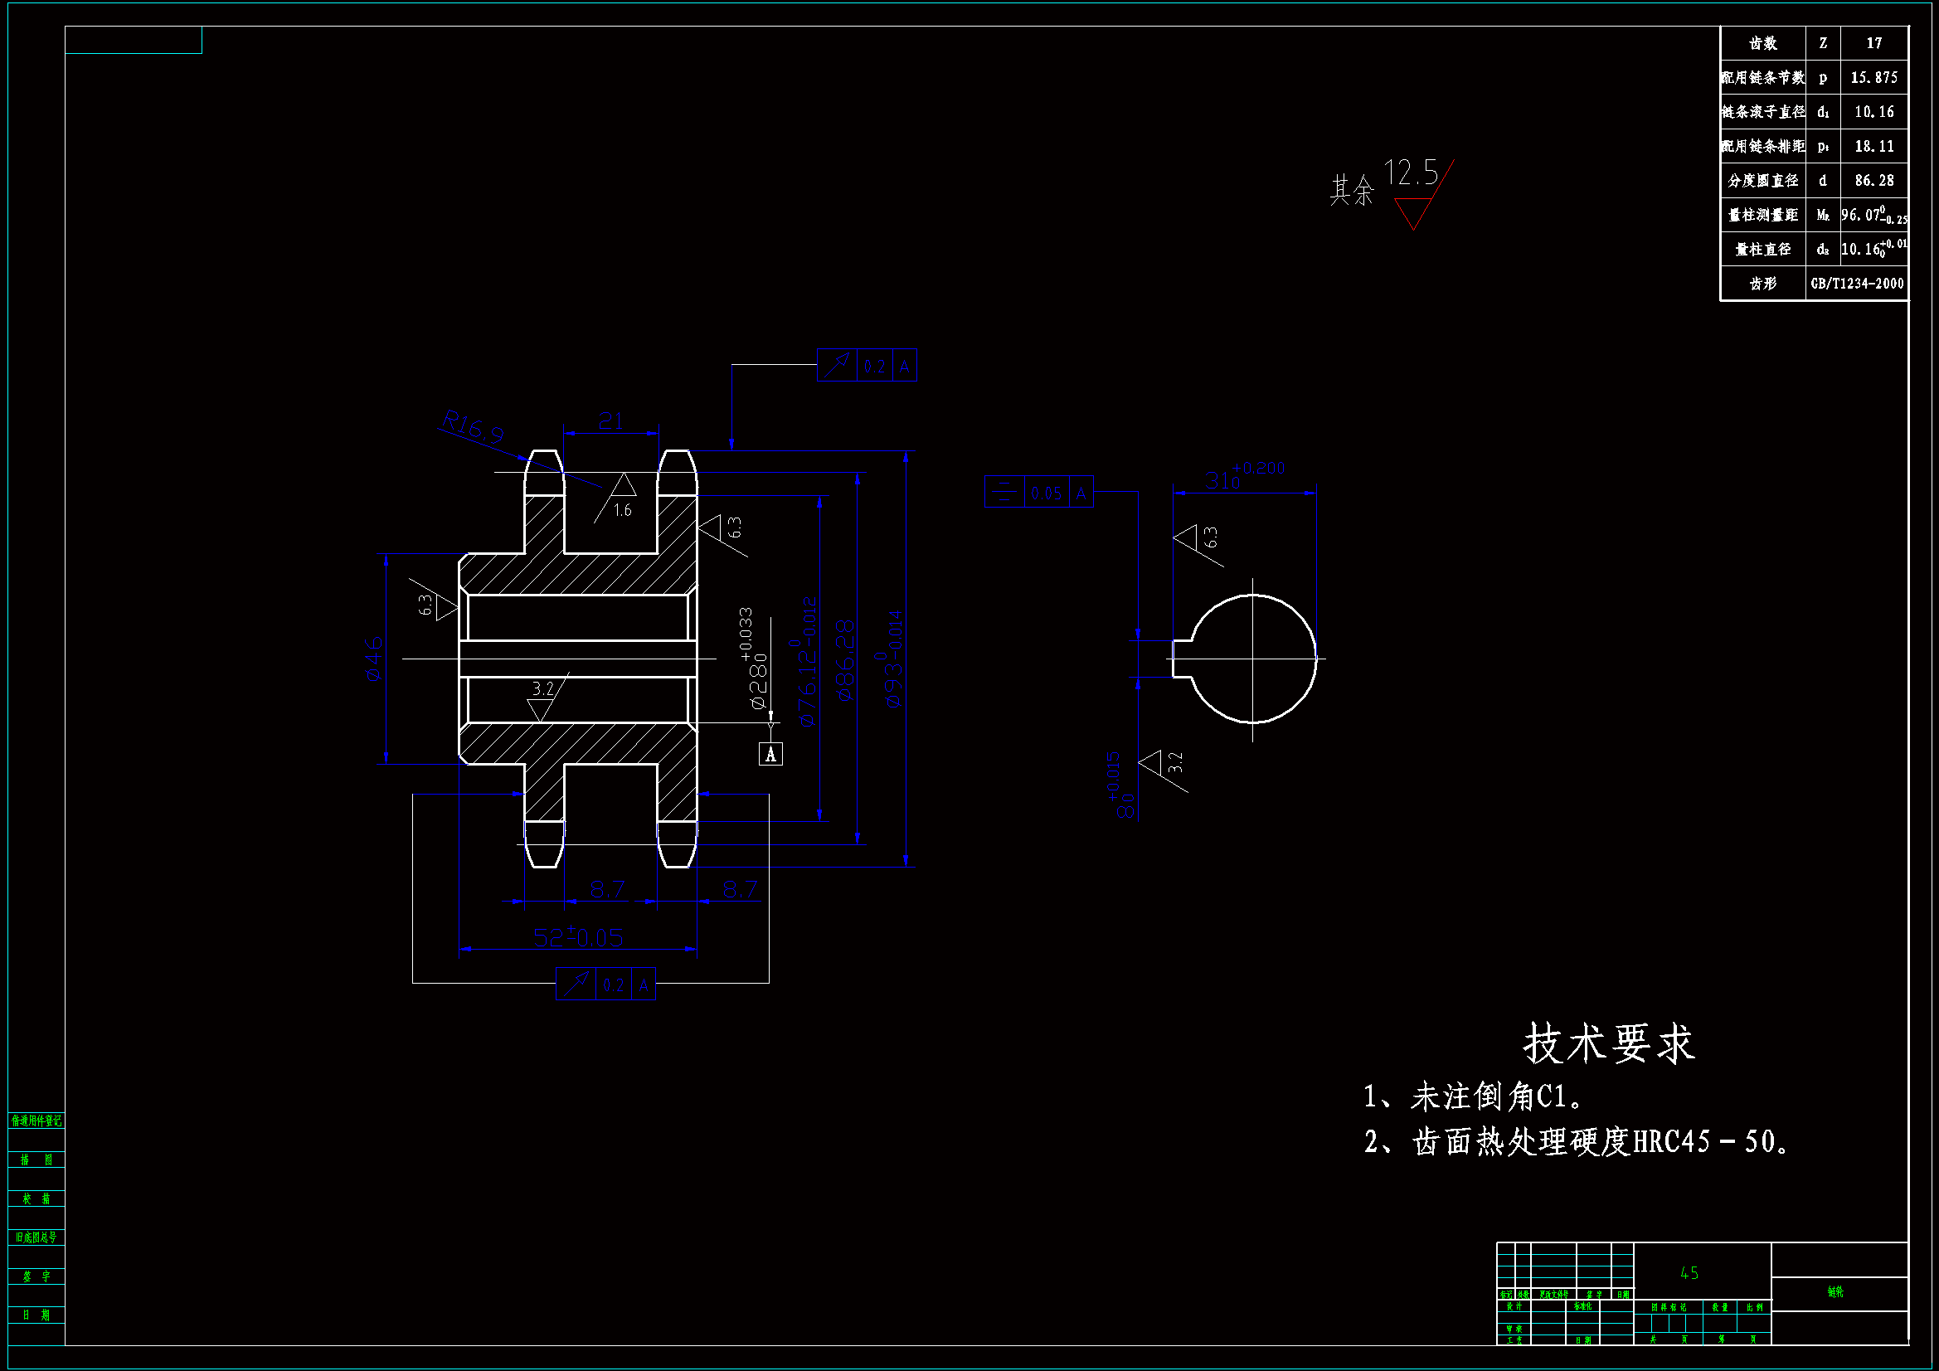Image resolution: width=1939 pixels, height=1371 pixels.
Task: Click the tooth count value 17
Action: [1873, 43]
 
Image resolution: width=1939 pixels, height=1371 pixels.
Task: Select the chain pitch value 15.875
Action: [1873, 78]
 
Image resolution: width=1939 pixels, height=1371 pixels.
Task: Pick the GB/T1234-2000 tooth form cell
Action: [1856, 284]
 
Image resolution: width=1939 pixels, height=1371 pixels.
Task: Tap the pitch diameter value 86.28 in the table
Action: [1873, 181]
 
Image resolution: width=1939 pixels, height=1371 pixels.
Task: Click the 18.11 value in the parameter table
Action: [1873, 146]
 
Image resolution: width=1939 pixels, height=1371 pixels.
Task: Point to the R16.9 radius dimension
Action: [473, 426]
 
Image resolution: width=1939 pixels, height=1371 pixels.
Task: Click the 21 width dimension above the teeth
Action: [610, 421]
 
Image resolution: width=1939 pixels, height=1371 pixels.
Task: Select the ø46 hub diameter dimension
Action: [373, 658]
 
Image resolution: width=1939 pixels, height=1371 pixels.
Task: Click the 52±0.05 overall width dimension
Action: [578, 936]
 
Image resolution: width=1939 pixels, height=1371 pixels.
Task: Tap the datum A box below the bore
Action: [770, 753]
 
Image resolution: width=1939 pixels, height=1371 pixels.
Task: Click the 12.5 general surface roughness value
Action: [1411, 173]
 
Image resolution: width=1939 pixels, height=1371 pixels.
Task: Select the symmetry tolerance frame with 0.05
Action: [1038, 492]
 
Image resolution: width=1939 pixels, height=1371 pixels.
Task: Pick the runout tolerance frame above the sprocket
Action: [867, 365]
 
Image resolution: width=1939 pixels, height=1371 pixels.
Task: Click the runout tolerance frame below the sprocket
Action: [605, 984]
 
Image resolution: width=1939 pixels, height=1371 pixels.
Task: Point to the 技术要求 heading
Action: [1608, 1043]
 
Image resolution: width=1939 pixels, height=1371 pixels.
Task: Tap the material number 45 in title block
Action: [1689, 1272]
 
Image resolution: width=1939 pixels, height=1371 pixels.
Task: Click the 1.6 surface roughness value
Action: [622, 510]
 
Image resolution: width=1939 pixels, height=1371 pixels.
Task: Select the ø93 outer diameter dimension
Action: [893, 659]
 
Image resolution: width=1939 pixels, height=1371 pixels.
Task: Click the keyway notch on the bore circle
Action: [1182, 658]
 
